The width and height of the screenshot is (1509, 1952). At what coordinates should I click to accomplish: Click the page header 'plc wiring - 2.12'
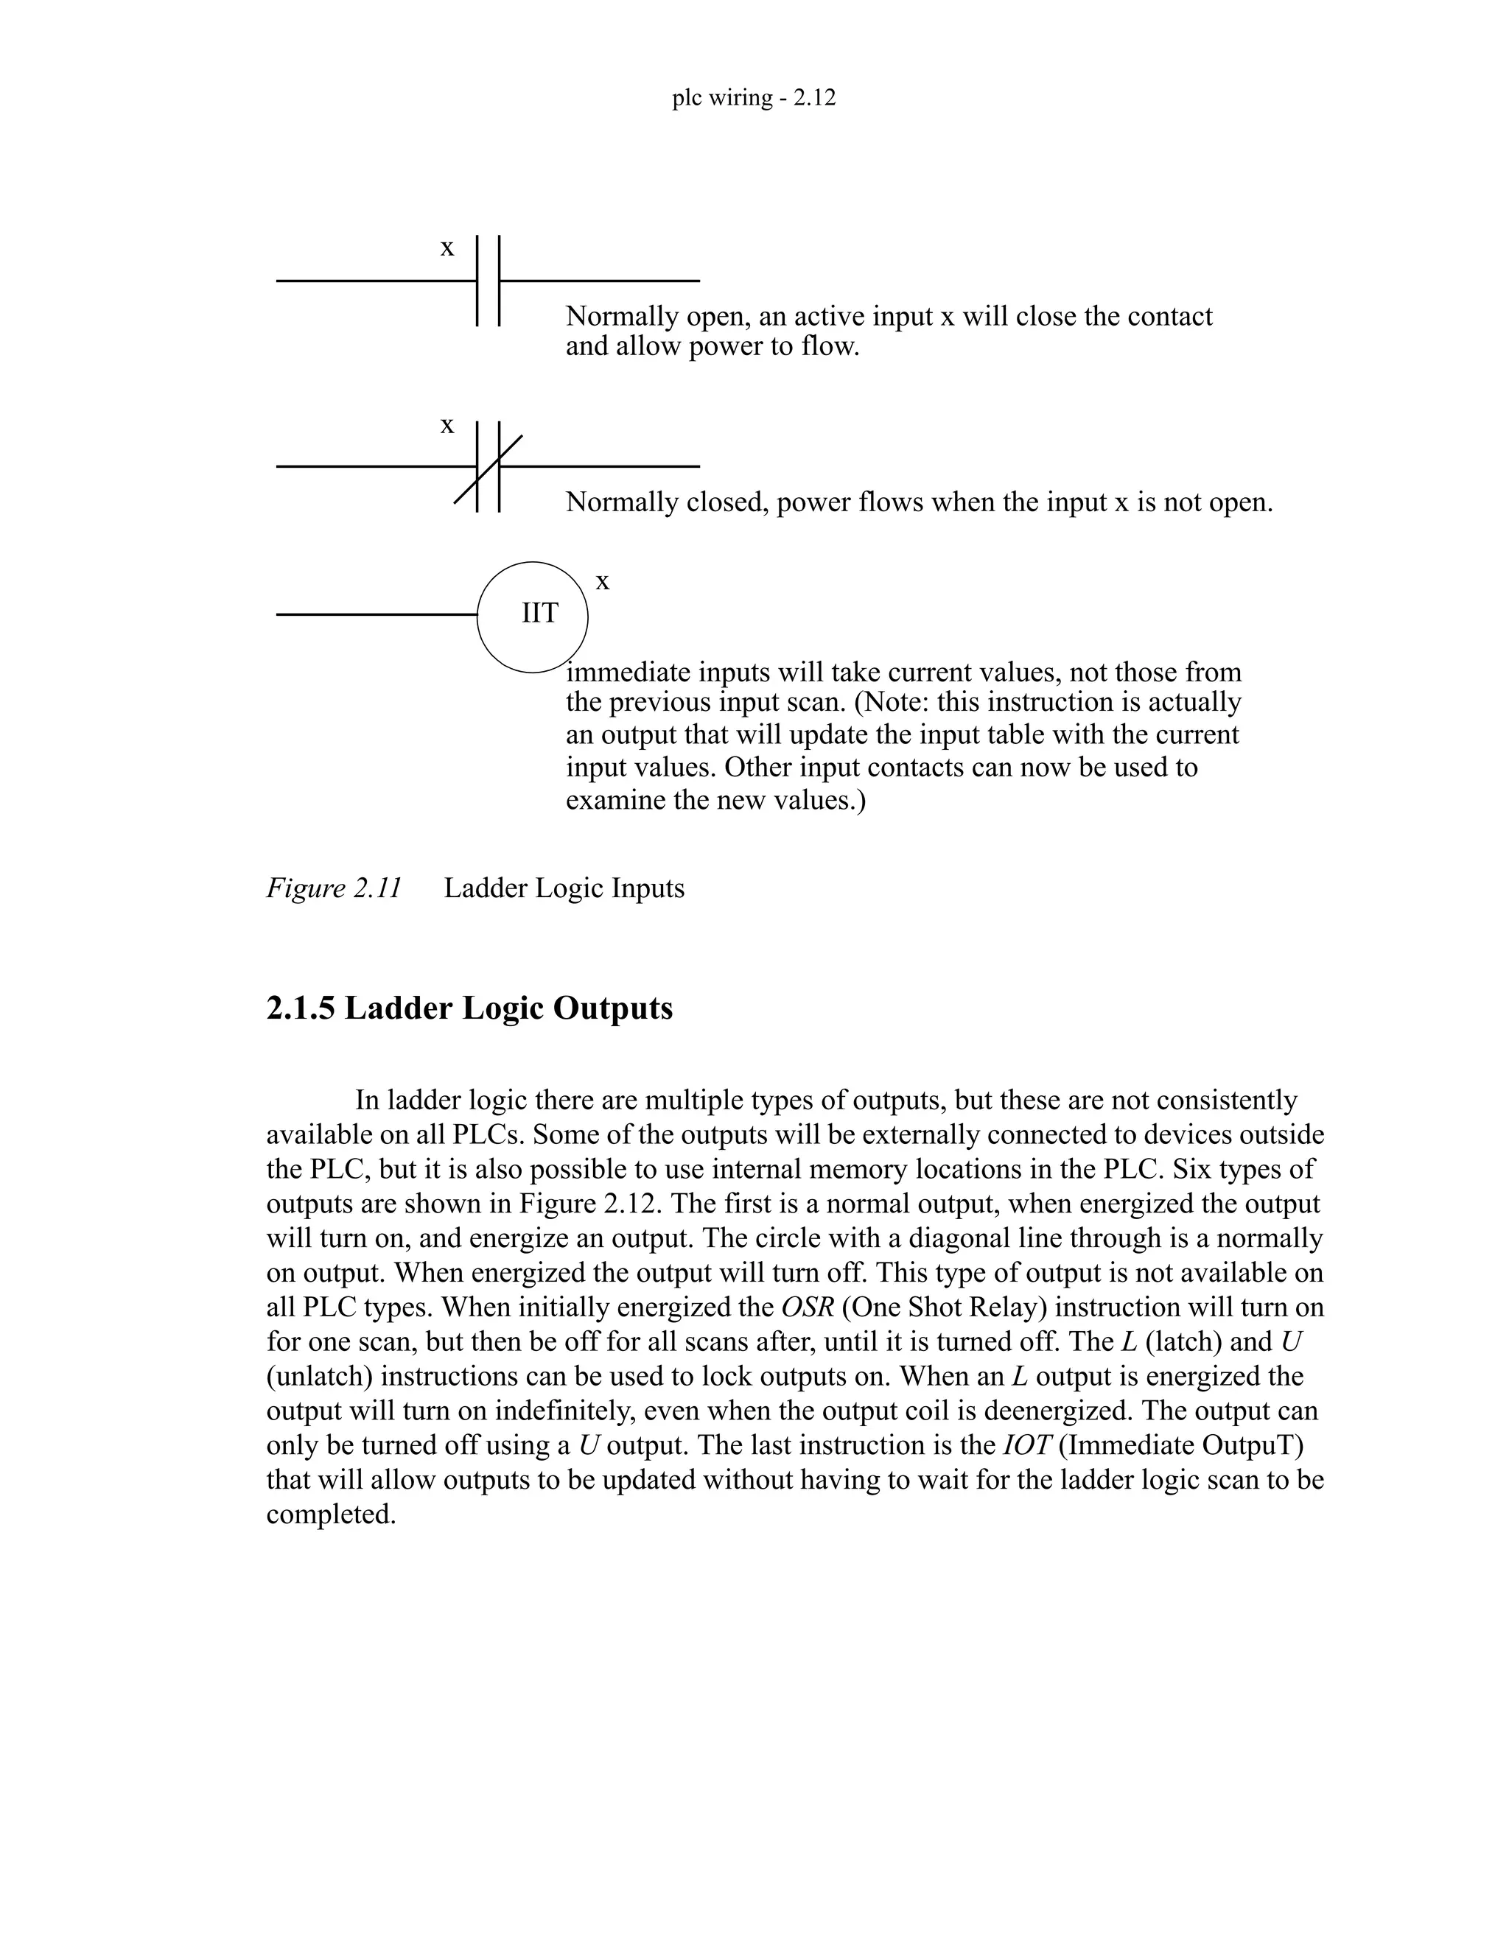(754, 97)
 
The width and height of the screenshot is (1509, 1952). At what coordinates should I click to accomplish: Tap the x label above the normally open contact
(447, 247)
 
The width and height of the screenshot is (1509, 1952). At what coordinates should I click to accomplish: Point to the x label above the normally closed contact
(447, 426)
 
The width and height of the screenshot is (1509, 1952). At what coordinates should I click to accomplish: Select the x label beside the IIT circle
(603, 582)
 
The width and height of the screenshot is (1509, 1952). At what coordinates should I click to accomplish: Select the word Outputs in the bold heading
(612, 1008)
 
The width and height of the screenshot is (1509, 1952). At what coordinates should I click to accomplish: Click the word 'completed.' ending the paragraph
(331, 1515)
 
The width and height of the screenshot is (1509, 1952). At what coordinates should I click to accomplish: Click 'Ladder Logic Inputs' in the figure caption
(564, 888)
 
